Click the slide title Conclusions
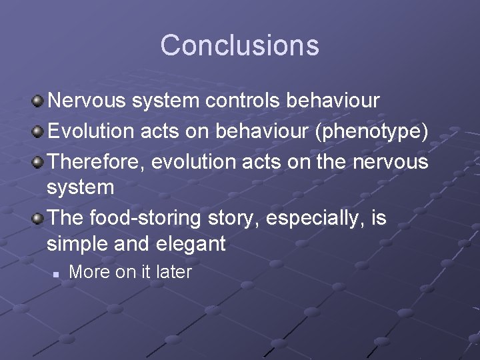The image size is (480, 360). tap(239, 45)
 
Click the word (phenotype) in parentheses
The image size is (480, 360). tap(371, 131)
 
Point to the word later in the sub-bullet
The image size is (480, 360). tap(173, 272)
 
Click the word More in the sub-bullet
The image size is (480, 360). tap(88, 272)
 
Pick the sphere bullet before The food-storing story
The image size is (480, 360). tap(38, 219)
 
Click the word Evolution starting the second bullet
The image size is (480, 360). tap(91, 131)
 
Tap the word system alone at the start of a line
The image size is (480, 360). tap(80, 187)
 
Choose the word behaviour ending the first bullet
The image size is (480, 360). tap(333, 101)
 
